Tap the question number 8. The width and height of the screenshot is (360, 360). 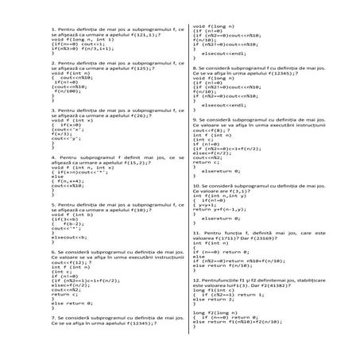tap(195, 69)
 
